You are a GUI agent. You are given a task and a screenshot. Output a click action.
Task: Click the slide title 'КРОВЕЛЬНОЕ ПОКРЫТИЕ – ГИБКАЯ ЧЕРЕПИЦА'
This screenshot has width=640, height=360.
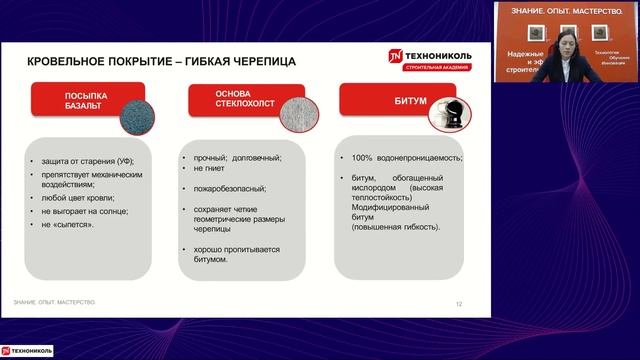coord(161,62)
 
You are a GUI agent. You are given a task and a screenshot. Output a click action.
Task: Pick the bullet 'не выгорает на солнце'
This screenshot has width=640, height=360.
coord(89,212)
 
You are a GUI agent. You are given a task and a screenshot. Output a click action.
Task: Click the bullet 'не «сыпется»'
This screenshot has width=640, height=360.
coord(69,225)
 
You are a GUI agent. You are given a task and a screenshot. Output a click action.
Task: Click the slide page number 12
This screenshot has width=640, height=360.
coord(459,304)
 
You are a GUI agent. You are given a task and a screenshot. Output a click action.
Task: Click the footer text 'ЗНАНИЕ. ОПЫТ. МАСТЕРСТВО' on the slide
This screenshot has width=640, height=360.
coord(54,302)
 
